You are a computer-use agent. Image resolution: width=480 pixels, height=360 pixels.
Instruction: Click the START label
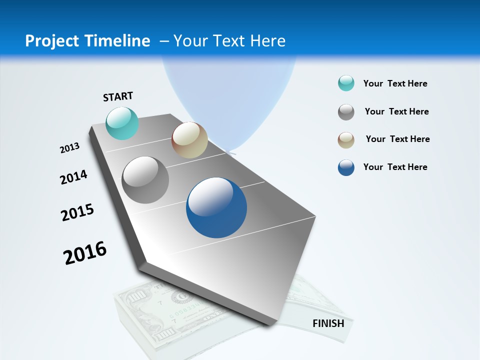(118, 96)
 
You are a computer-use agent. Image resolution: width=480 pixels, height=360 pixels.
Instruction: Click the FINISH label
(328, 323)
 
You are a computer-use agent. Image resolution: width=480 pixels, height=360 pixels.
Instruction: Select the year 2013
(69, 148)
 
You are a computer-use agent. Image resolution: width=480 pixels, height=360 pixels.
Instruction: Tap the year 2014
(73, 177)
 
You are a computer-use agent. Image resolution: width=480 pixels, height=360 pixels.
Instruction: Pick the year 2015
(77, 212)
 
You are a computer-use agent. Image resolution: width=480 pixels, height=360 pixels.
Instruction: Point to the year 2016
(85, 252)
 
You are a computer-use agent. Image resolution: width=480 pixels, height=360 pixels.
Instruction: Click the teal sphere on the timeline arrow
(122, 123)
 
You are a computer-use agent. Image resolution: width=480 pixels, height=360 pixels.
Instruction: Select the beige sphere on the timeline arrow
(189, 140)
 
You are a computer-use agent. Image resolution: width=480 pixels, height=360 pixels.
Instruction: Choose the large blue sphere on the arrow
(216, 207)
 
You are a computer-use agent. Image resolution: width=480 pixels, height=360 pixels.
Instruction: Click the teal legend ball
(346, 83)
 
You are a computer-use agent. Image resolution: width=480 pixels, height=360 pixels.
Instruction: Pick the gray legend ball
(346, 112)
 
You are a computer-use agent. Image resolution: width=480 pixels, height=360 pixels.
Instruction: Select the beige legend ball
(346, 140)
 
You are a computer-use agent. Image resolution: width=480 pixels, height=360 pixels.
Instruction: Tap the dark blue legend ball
(346, 167)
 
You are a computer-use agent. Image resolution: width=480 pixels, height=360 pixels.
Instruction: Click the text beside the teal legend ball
(395, 83)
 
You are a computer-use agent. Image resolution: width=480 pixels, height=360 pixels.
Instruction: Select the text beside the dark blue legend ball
(395, 167)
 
